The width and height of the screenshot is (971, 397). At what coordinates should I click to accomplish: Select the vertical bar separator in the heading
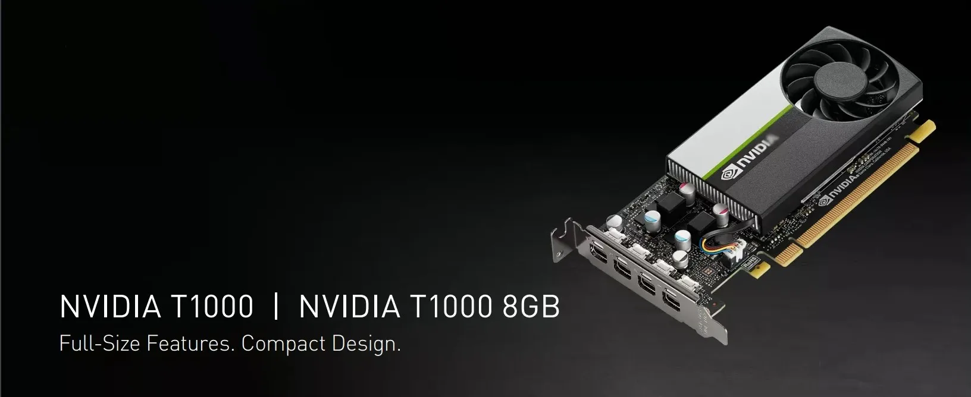click(x=275, y=307)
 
